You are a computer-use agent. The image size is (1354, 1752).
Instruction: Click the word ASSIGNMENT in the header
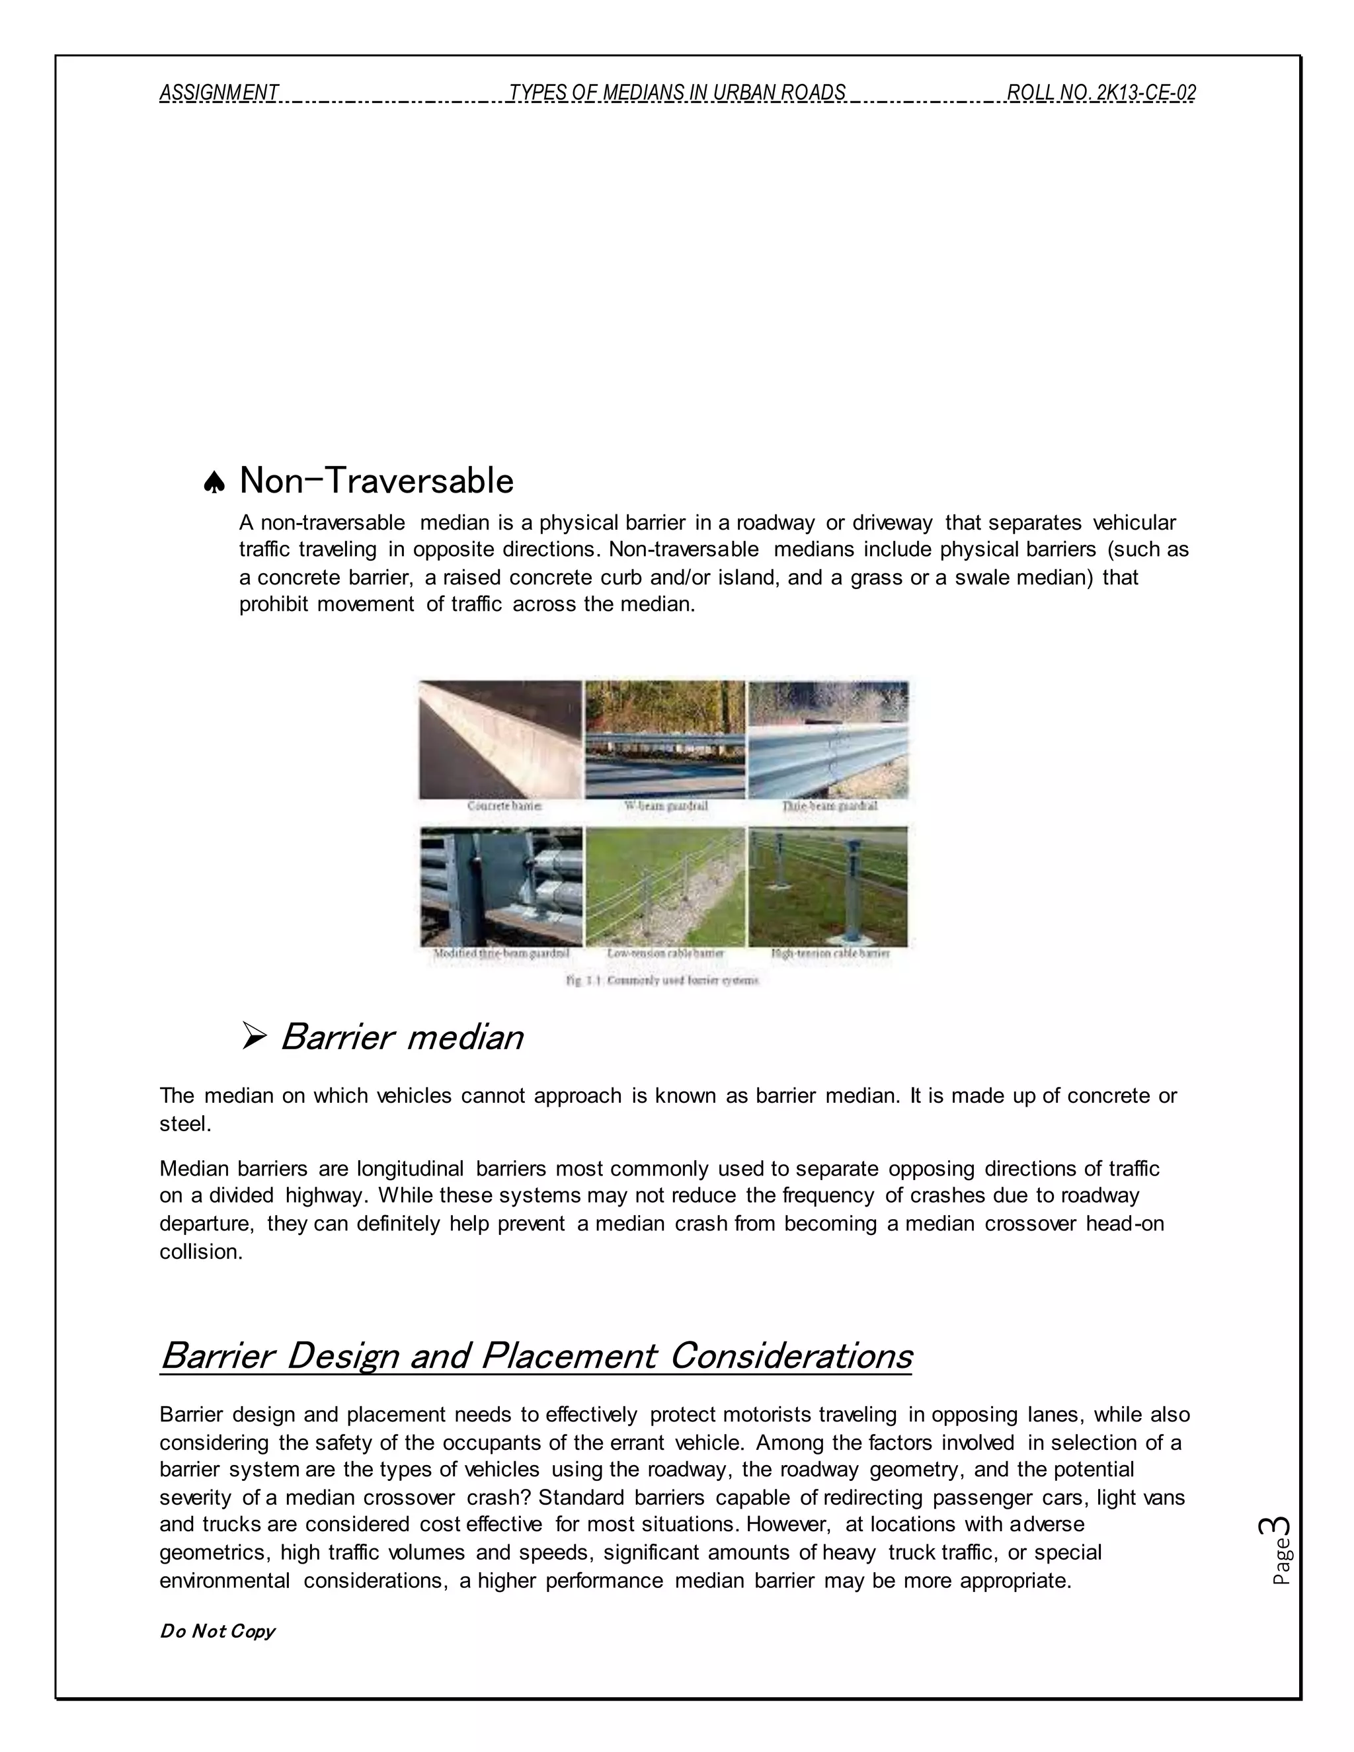click(219, 93)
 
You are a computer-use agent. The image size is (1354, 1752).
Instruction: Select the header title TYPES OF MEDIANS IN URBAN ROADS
click(677, 93)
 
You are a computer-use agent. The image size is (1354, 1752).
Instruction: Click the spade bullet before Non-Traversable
click(214, 483)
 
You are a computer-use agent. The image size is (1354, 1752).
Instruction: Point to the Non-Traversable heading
click(376, 481)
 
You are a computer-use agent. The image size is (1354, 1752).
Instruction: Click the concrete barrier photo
click(500, 739)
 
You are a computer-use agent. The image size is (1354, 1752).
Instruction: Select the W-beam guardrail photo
click(665, 739)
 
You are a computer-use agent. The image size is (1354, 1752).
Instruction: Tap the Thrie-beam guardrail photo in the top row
click(828, 739)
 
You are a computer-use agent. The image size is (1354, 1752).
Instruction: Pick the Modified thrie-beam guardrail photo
click(500, 887)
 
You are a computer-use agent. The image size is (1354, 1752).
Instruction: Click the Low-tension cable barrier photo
click(665, 887)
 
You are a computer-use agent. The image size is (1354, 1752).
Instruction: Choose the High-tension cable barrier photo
click(828, 887)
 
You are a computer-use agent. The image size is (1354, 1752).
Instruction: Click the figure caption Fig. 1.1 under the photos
click(662, 980)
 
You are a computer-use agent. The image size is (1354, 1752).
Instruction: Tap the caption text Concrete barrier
click(504, 806)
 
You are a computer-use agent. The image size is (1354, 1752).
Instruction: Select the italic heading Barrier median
click(402, 1037)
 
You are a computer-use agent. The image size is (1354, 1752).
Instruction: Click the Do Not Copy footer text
click(218, 1631)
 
